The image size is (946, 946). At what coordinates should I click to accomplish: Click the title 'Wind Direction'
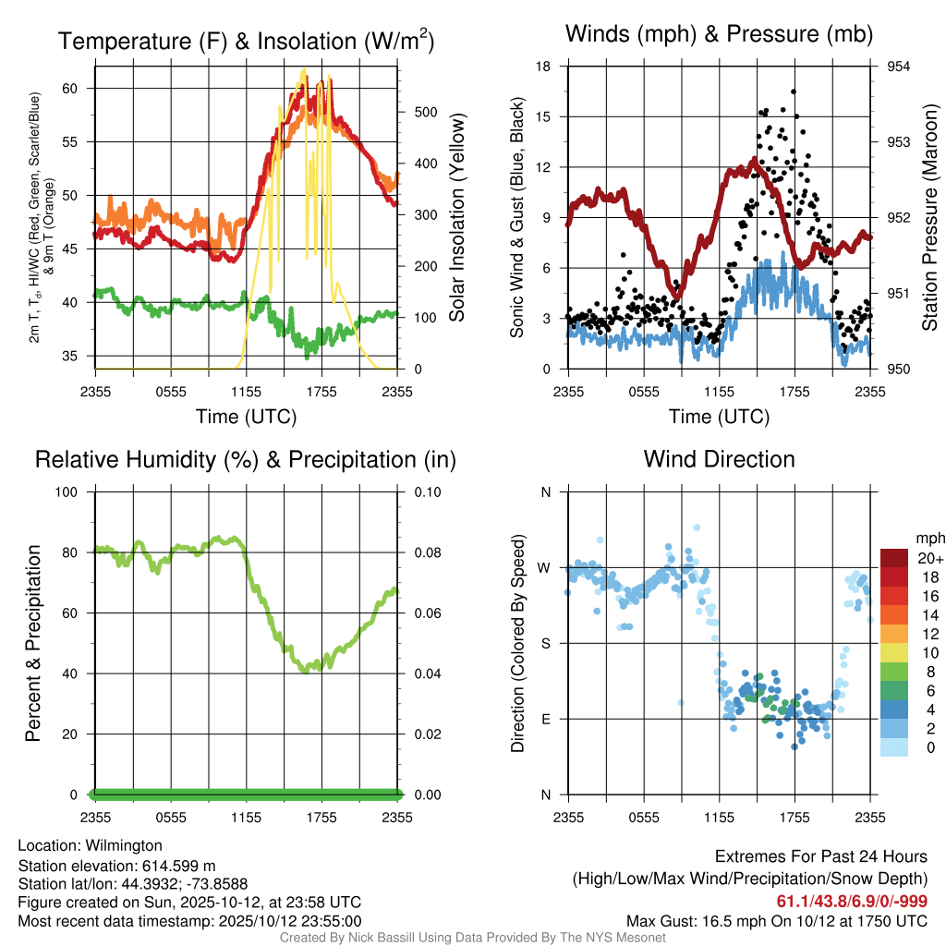[x=719, y=459]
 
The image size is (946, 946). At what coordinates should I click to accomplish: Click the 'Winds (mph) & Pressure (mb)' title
[x=719, y=35]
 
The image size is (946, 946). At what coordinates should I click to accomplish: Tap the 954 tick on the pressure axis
[x=899, y=67]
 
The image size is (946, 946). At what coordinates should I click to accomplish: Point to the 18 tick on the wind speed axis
[x=544, y=67]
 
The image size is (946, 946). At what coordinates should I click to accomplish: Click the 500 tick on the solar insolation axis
[x=424, y=112]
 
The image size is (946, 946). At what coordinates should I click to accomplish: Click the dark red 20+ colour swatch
[x=894, y=558]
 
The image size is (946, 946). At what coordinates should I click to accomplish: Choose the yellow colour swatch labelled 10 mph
[x=894, y=652]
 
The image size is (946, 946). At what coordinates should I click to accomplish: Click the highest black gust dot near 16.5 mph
[x=793, y=92]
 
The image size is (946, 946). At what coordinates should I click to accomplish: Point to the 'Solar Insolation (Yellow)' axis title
[x=456, y=218]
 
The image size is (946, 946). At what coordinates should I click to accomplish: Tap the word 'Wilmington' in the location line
[x=124, y=845]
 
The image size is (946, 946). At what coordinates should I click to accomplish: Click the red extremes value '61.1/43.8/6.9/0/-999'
[x=852, y=902]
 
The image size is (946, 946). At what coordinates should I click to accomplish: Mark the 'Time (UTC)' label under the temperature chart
[x=246, y=417]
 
